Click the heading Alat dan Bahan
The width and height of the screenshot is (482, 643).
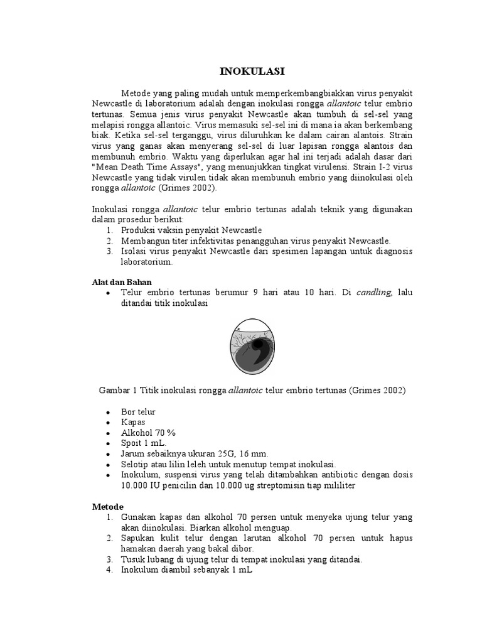click(122, 282)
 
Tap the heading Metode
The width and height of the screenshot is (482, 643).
click(108, 506)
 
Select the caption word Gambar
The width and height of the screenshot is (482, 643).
click(115, 390)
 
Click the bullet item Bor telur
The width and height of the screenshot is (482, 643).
click(138, 412)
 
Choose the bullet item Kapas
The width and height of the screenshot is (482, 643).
click(132, 423)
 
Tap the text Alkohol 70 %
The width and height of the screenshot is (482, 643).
click(148, 433)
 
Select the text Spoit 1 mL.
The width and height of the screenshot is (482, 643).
click(145, 443)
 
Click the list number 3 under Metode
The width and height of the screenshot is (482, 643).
click(109, 558)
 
